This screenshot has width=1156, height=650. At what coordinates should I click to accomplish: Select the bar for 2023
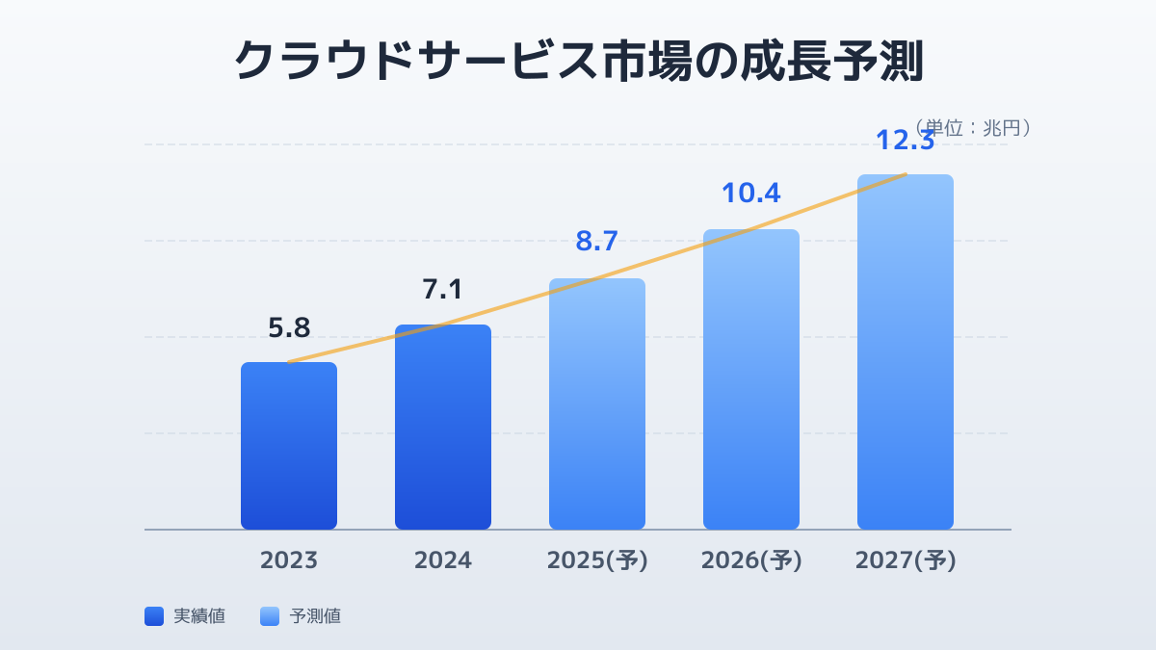(x=289, y=446)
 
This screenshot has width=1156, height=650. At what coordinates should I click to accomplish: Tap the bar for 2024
(x=443, y=427)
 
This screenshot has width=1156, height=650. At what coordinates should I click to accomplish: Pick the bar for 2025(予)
(x=597, y=403)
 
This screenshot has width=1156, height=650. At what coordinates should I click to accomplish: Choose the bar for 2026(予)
(x=751, y=379)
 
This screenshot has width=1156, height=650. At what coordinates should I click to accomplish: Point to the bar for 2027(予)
(x=906, y=351)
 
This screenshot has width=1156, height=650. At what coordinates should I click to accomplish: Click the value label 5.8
(x=289, y=328)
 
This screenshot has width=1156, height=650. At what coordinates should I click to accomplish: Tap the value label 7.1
(x=443, y=289)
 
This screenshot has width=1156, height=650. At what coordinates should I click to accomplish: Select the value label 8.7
(x=597, y=241)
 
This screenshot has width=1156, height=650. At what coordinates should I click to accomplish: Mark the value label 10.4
(x=751, y=193)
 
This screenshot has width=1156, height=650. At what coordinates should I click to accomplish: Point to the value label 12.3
(x=906, y=141)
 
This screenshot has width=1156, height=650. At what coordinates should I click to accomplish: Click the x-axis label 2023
(x=289, y=560)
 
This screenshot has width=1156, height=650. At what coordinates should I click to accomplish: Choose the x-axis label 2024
(x=443, y=560)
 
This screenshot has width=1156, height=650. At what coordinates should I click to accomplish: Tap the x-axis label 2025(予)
(x=597, y=560)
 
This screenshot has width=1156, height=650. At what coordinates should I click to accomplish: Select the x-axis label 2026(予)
(x=751, y=560)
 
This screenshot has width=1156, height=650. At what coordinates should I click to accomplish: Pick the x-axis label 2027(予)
(x=906, y=560)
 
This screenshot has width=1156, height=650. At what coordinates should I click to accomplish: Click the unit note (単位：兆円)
(x=973, y=127)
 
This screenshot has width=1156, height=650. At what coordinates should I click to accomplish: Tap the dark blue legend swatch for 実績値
(x=154, y=616)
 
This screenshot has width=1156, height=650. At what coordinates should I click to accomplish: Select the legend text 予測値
(x=315, y=616)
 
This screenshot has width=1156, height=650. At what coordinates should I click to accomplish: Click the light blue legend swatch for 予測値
(x=270, y=616)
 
